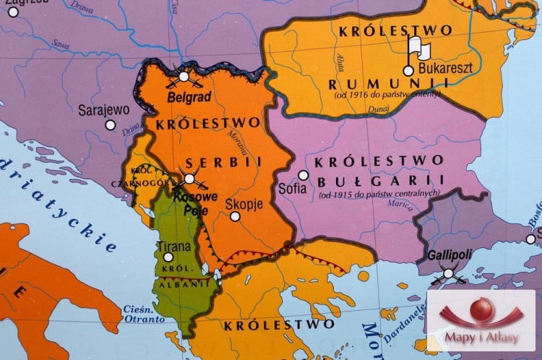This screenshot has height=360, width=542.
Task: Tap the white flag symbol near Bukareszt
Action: (x=418, y=49)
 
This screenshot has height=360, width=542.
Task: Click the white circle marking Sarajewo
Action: (x=110, y=125)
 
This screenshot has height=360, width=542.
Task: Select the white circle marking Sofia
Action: (x=304, y=175)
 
